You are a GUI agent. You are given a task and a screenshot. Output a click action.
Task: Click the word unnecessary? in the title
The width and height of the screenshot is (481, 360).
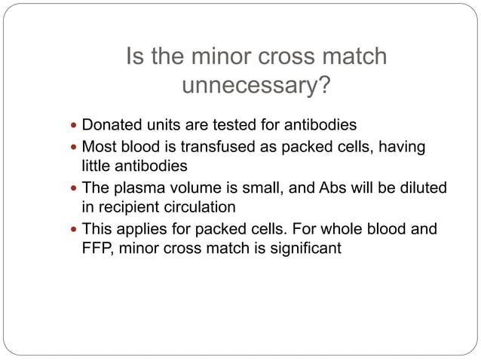pyautogui.click(x=256, y=88)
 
